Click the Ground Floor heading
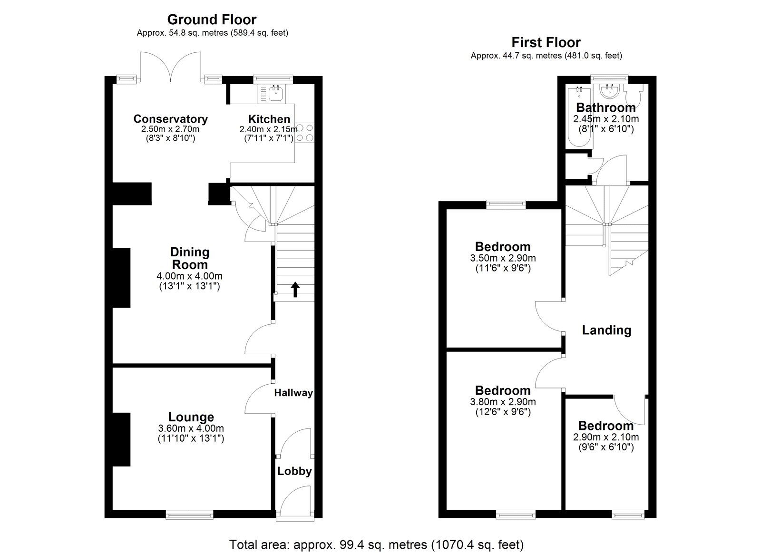coord(212,19)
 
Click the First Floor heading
coord(546,42)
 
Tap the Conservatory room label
coord(170,119)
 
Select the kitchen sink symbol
coord(275,94)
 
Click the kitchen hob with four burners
coord(305,133)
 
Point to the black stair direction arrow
coord(295,289)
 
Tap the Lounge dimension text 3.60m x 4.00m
coord(191,428)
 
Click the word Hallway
coord(293,393)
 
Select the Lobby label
coord(294,471)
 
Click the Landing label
coord(606,330)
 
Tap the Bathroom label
coord(605,107)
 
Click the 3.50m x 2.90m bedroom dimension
coord(503,258)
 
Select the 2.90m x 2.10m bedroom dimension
coord(605,437)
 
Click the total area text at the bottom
coord(376,544)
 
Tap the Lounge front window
coord(189,514)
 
